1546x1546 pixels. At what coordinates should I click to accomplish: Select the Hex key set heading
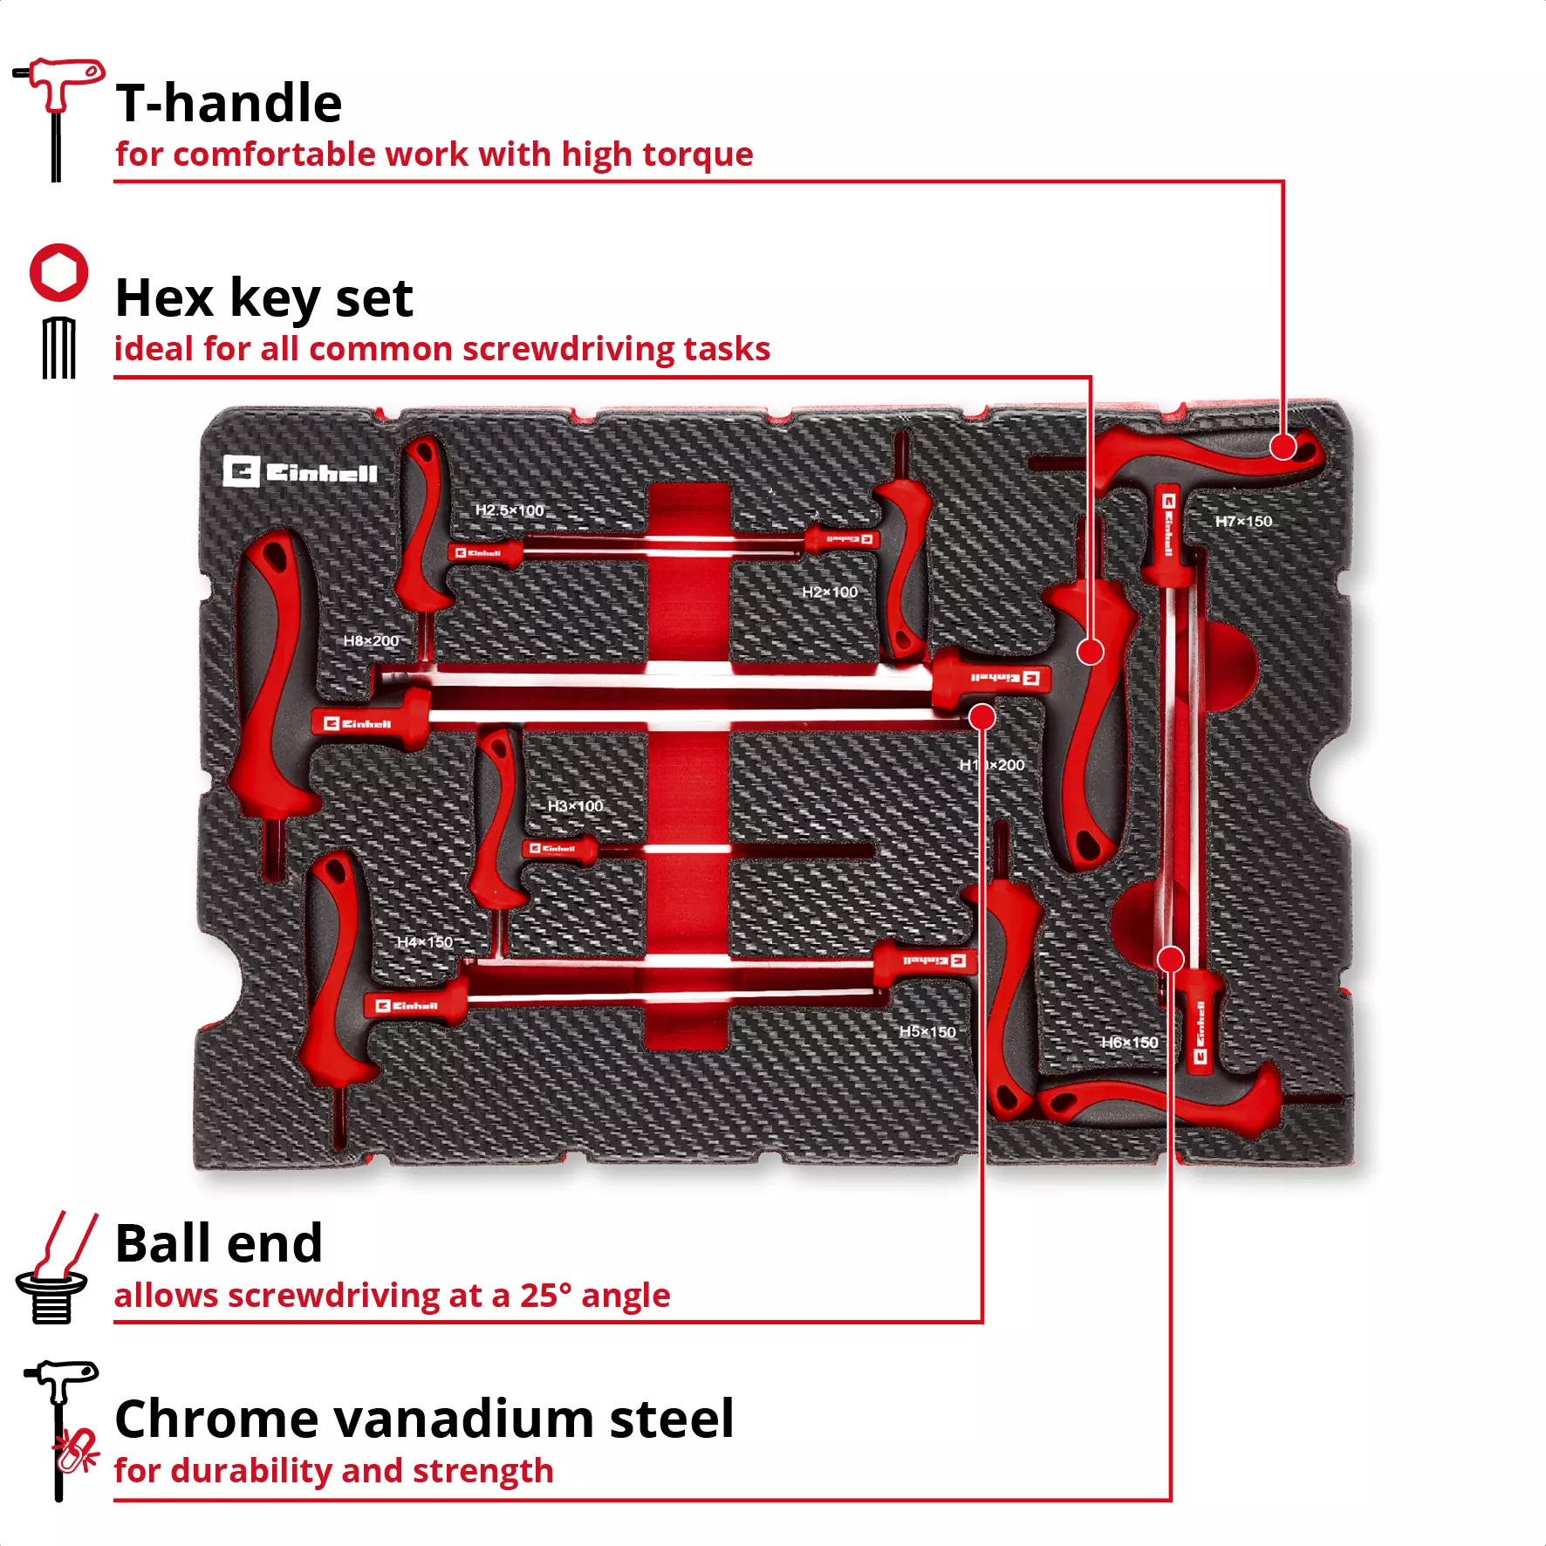tap(263, 298)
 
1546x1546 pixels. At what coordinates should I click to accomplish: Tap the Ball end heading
tap(218, 1242)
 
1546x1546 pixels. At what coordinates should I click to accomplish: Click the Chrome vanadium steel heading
tap(424, 1419)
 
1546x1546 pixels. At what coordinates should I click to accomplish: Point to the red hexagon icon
tap(59, 272)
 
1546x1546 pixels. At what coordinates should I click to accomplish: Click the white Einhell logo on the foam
tap(300, 472)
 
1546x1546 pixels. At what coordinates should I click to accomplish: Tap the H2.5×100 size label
tap(510, 510)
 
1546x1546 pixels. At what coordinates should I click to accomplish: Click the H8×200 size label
tap(371, 641)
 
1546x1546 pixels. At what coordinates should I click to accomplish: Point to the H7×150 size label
tap(1243, 522)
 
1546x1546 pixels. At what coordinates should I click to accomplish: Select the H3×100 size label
tap(575, 806)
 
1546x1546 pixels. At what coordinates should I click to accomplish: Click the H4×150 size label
tap(425, 942)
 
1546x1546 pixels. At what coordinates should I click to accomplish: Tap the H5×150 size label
tap(927, 1032)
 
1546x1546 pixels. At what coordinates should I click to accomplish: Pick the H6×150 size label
tap(1130, 1043)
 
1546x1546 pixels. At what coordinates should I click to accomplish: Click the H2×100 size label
tap(830, 592)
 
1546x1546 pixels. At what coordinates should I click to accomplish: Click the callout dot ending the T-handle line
tap(1283, 447)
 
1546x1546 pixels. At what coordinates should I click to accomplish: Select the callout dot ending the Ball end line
tap(982, 717)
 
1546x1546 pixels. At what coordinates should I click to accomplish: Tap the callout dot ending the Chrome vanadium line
tap(1170, 960)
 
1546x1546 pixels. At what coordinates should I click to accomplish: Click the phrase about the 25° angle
tap(393, 1296)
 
